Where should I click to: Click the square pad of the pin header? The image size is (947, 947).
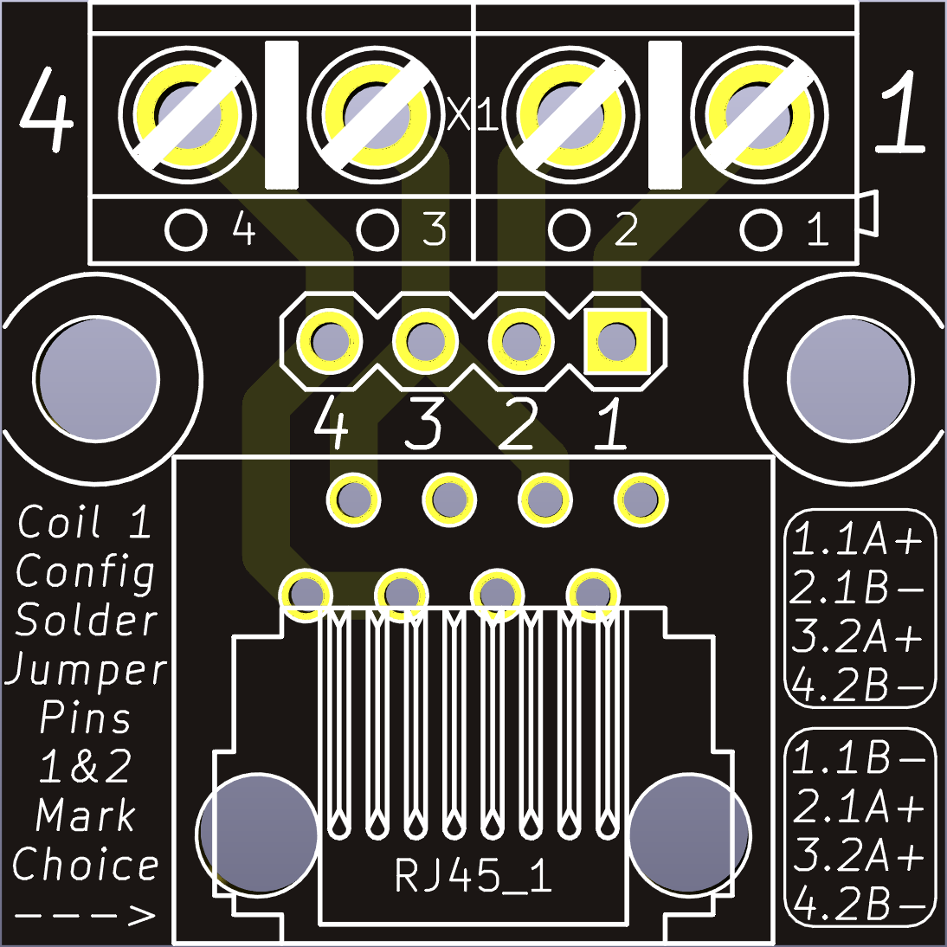(x=616, y=341)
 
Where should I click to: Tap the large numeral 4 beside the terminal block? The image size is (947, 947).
(x=46, y=110)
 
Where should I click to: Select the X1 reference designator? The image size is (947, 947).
(x=473, y=116)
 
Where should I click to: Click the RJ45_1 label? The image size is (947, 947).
(x=473, y=876)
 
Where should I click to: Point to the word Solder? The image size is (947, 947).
(x=87, y=621)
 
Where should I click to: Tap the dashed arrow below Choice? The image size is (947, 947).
(x=86, y=915)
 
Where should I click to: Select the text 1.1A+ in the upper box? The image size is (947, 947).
(x=859, y=540)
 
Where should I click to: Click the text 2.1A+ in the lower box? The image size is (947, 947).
(x=859, y=808)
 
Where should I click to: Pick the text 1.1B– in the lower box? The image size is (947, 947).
(x=859, y=758)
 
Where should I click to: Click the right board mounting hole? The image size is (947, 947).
(x=850, y=378)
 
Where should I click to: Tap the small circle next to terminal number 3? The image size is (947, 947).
(x=378, y=230)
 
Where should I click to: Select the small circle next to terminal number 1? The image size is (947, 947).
(x=762, y=230)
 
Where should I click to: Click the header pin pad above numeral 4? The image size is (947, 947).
(x=329, y=341)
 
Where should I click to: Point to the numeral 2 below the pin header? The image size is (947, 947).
(x=518, y=425)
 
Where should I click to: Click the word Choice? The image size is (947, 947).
(x=86, y=865)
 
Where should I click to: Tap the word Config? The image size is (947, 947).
(x=86, y=572)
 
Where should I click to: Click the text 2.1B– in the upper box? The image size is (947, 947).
(x=859, y=589)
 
